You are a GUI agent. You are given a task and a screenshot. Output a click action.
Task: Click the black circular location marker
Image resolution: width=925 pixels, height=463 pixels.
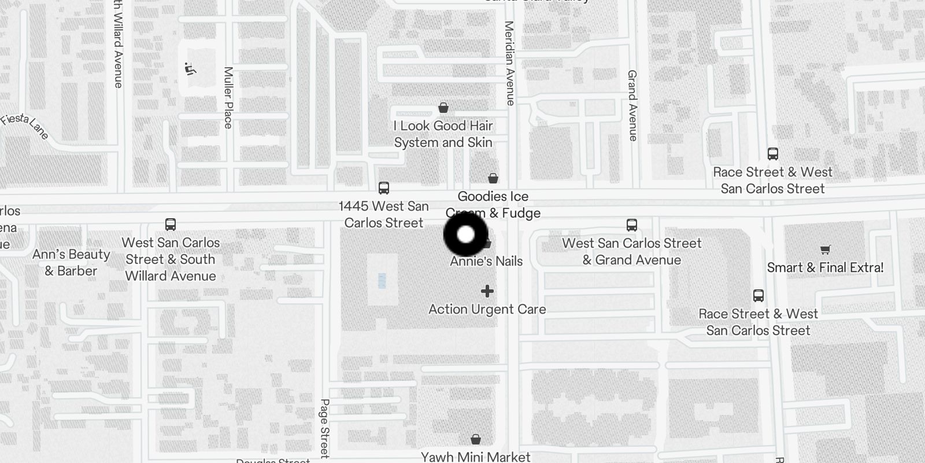click(466, 234)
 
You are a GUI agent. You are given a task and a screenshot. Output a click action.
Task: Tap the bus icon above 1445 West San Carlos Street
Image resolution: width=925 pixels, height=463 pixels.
click(384, 188)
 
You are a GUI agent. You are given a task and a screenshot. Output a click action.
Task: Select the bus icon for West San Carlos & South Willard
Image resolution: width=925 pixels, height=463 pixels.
click(171, 225)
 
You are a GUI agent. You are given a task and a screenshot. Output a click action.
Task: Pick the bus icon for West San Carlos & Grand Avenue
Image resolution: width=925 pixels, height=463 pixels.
click(632, 225)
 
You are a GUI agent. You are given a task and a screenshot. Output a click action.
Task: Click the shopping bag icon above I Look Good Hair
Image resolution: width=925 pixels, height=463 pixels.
click(443, 108)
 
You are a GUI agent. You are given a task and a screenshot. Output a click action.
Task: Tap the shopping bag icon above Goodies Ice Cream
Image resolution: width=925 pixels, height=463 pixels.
click(493, 178)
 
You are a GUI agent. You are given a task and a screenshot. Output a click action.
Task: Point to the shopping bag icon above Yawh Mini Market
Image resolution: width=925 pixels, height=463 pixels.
click(475, 440)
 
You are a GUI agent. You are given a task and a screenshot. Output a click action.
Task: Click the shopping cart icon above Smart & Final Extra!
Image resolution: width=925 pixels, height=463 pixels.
click(825, 250)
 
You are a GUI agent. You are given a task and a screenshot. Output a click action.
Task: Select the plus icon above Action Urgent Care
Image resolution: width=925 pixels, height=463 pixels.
click(487, 291)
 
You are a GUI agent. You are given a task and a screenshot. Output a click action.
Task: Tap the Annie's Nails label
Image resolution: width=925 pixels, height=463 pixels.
click(486, 261)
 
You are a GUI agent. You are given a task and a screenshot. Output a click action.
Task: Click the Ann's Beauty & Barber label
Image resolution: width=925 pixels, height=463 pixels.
click(71, 263)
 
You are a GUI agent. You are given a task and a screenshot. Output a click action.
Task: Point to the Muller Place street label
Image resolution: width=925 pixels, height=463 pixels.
click(228, 98)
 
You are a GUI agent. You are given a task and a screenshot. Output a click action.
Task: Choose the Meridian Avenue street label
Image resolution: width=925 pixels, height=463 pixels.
click(509, 63)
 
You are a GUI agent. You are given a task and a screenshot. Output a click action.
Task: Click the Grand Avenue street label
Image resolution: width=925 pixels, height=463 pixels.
click(632, 105)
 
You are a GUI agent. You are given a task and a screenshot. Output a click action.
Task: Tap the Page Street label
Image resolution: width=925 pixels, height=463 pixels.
click(324, 427)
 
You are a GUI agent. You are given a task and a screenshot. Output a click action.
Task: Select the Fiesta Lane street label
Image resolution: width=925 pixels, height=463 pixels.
click(25, 126)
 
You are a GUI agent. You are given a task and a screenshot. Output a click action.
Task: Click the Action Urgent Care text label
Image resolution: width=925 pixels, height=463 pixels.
click(487, 310)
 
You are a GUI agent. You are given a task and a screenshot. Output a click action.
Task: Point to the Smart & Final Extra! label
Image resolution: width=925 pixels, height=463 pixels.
click(825, 267)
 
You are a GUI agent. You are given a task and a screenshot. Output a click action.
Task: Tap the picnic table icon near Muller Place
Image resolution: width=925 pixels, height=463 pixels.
click(190, 69)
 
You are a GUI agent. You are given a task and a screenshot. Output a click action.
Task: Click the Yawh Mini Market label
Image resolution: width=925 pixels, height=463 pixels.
click(475, 457)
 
